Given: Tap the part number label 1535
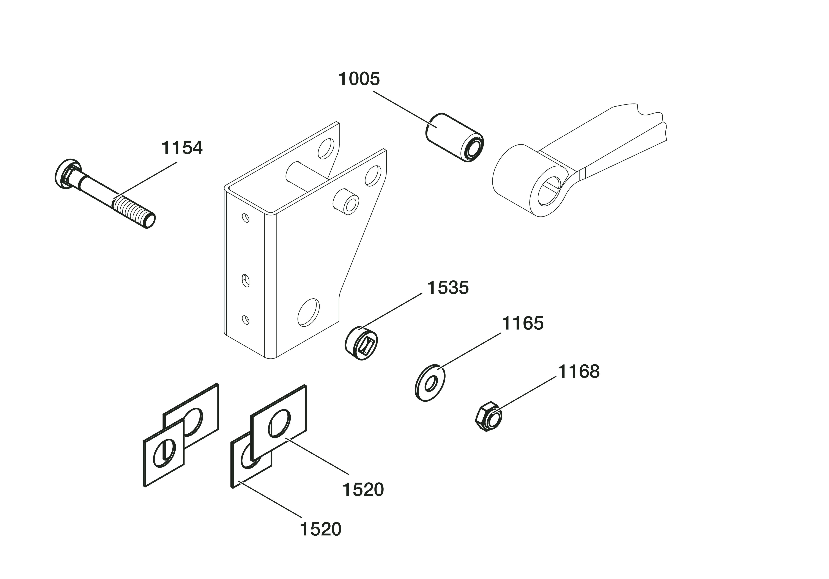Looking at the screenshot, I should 448,288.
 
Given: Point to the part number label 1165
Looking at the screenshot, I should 522,323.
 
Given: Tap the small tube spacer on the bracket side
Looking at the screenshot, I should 345,201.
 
